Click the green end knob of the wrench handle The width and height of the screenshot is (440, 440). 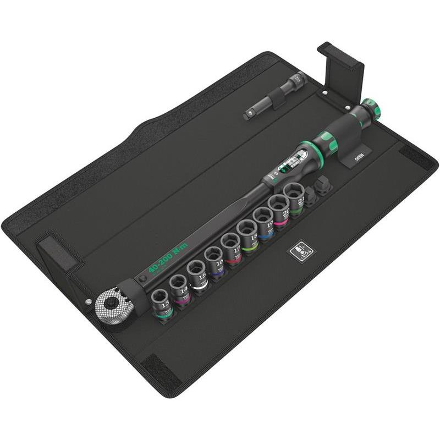[371, 108]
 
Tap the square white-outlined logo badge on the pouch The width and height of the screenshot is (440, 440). [302, 250]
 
